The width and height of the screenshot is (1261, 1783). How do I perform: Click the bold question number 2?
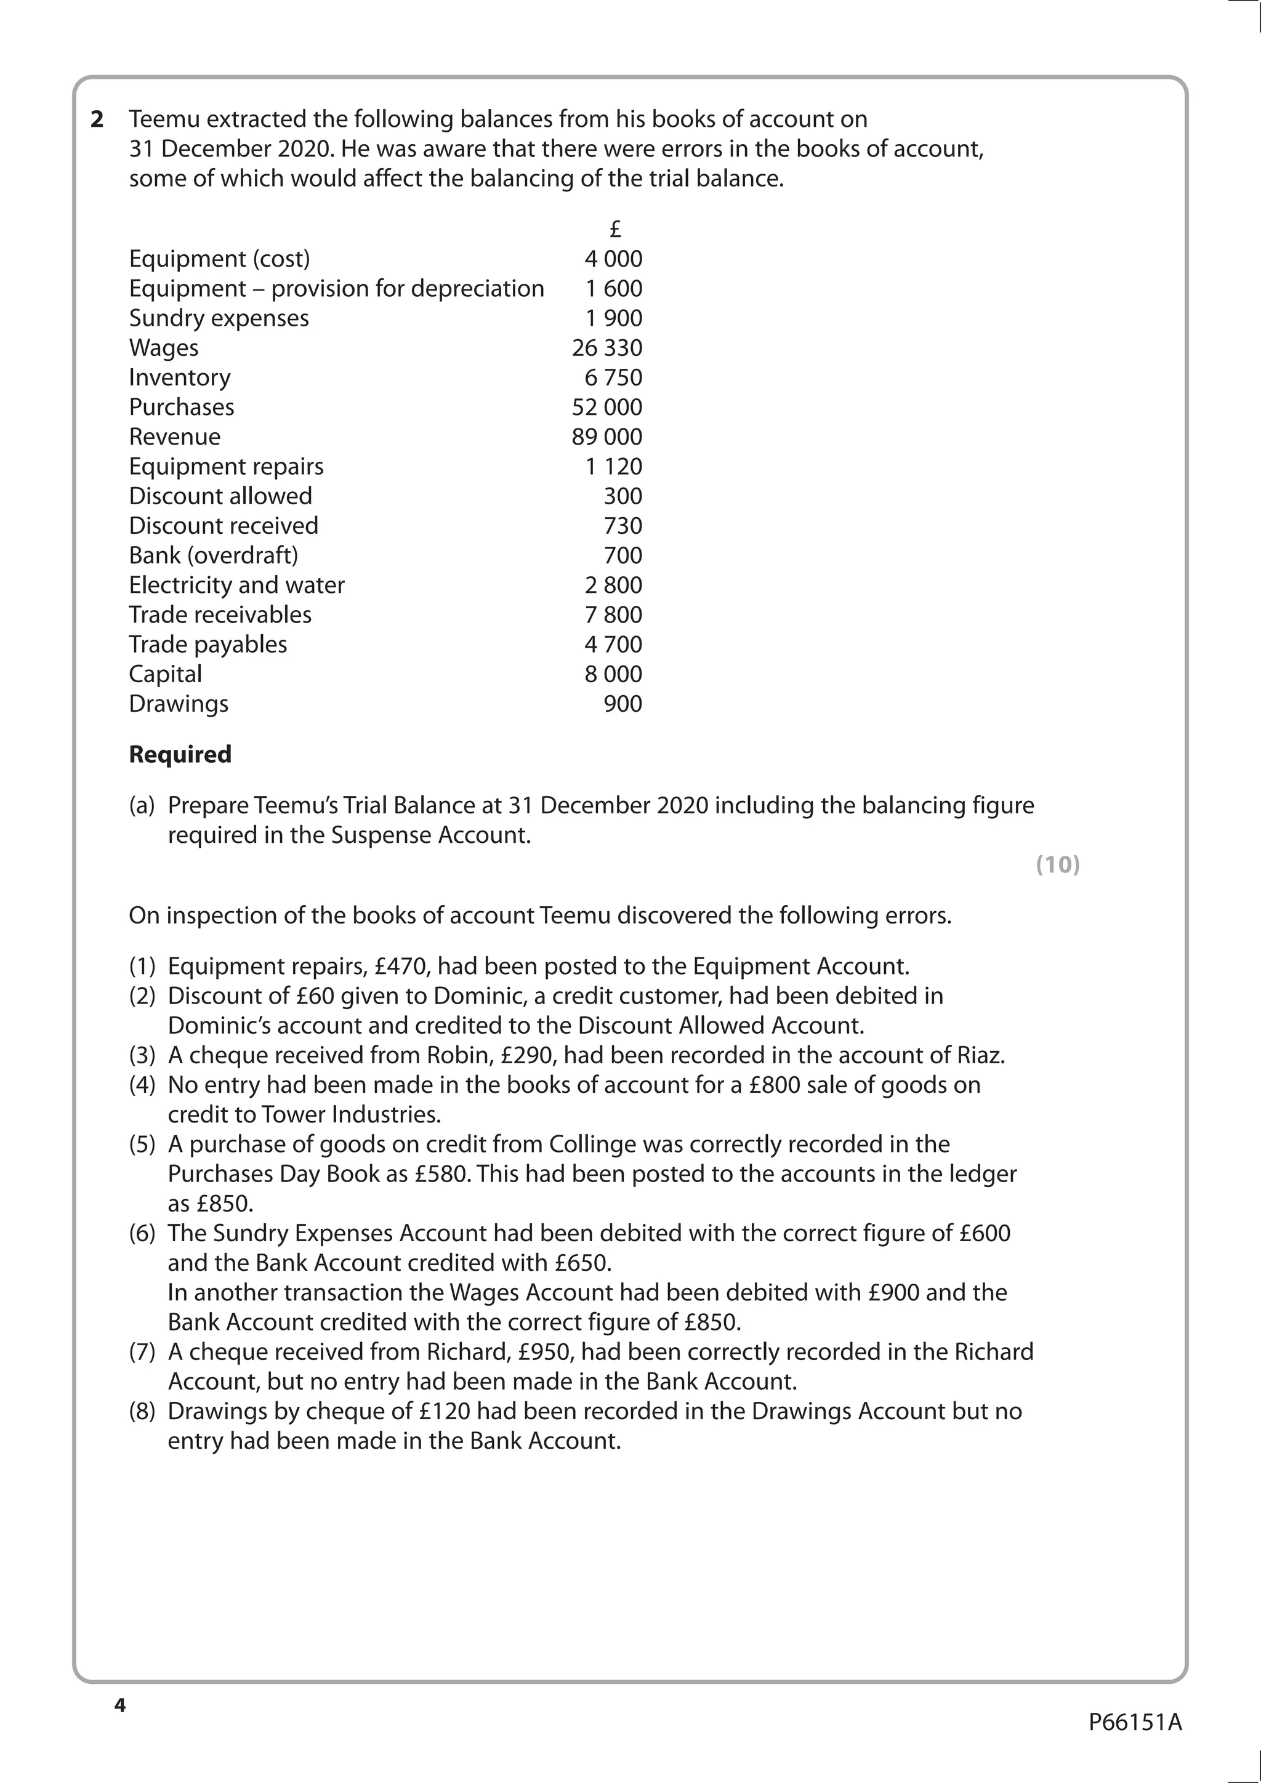97,119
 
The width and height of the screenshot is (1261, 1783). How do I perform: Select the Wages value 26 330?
606,348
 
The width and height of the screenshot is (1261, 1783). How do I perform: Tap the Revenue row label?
175,437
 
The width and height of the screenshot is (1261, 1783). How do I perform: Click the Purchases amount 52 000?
606,407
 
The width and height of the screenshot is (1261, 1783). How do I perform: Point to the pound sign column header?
615,229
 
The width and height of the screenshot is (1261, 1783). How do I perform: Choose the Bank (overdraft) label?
214,555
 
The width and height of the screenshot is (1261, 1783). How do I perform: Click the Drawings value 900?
622,704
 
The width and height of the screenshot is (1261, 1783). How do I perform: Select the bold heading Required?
180,754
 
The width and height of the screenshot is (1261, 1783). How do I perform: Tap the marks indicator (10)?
1058,864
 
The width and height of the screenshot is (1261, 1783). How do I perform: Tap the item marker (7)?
142,1352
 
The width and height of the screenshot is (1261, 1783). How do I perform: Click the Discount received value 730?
622,526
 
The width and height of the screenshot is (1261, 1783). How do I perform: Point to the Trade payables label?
208,645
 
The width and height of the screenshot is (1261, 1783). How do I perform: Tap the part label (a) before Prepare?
142,805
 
